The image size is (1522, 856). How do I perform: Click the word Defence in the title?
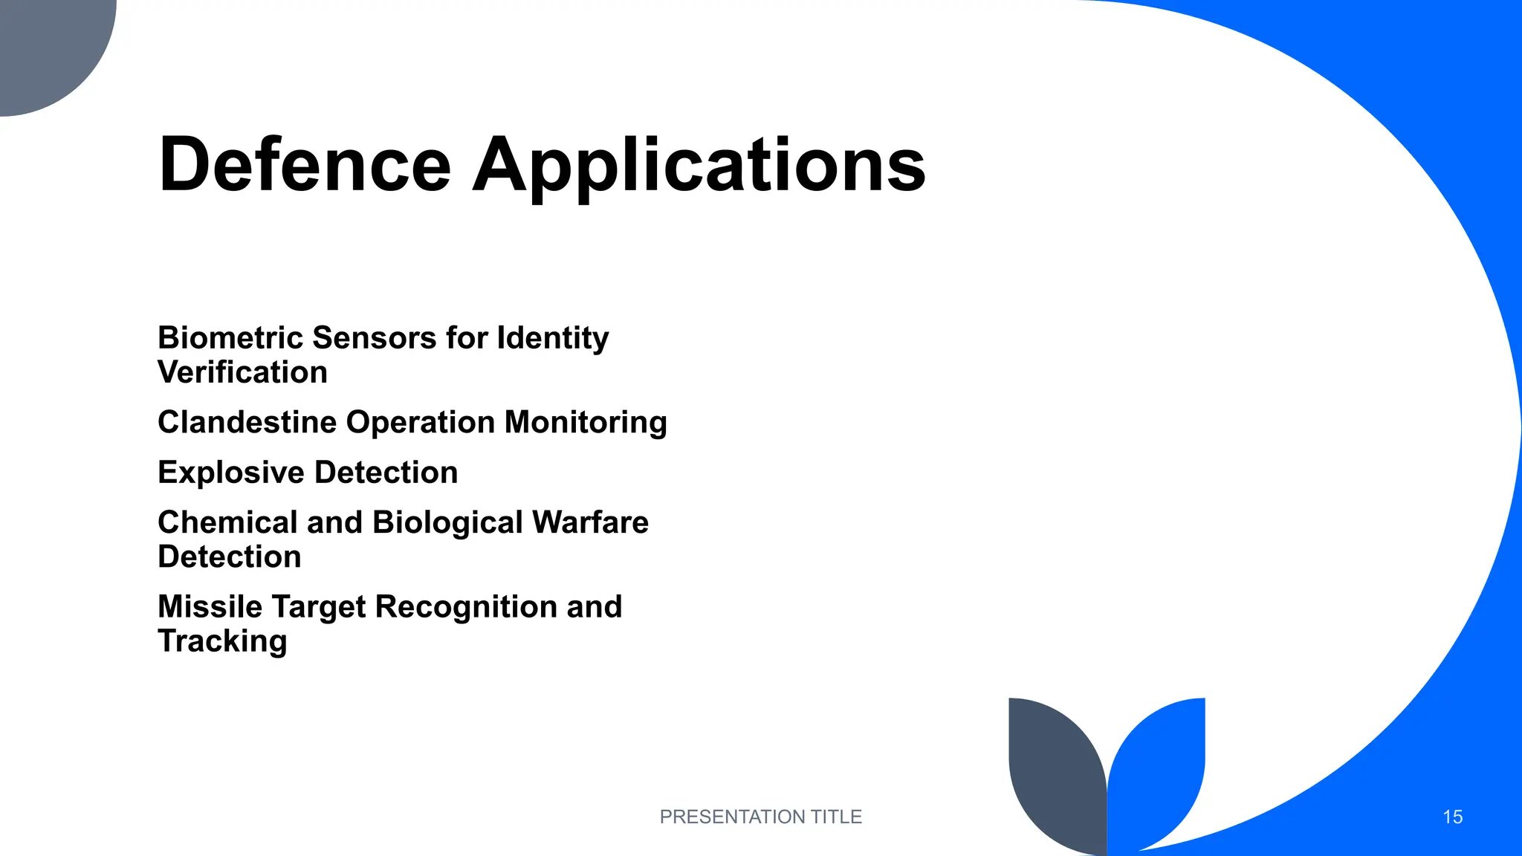305,165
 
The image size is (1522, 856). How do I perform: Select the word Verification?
242,372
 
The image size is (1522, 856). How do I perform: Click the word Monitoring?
586,423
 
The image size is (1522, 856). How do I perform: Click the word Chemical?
227,522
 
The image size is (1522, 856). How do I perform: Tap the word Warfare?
590,522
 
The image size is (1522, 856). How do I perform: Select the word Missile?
210,607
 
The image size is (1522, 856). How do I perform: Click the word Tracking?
222,641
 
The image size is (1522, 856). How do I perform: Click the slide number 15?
1452,817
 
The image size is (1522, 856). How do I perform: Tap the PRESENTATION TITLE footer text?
760,817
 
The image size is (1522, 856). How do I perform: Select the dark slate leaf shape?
1052,773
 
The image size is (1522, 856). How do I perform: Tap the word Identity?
552,339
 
